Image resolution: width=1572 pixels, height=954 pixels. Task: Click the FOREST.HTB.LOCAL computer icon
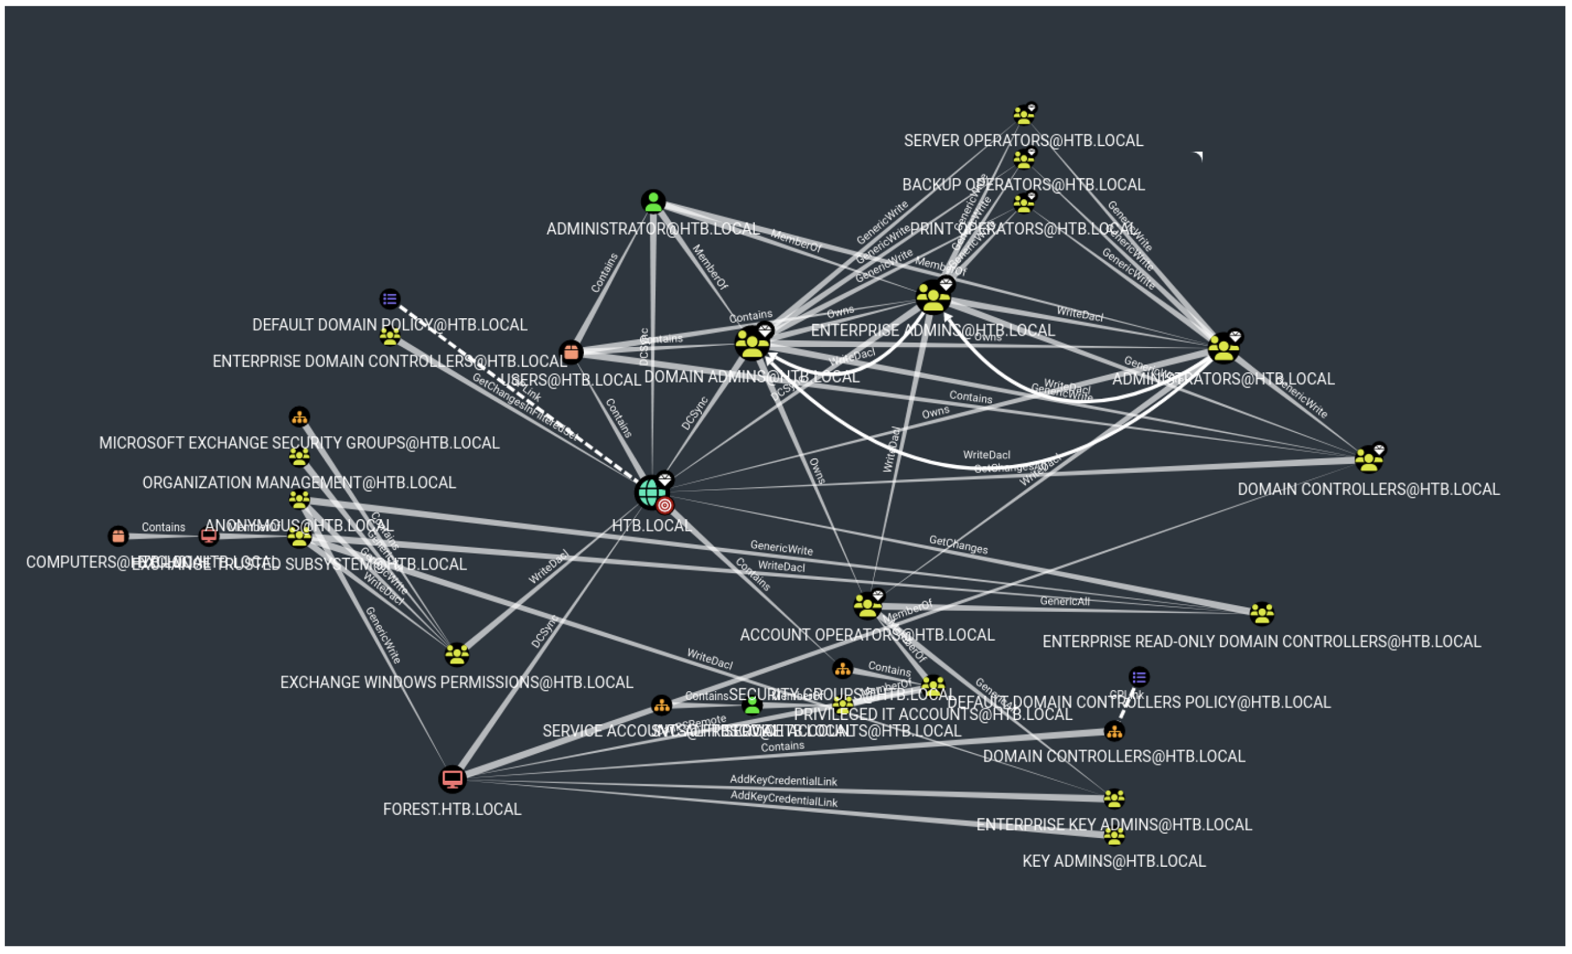pyautogui.click(x=453, y=779)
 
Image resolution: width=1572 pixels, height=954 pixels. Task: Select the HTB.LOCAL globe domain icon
pyautogui.click(x=650, y=492)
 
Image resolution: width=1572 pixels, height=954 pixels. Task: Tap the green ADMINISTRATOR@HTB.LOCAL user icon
pyautogui.click(x=653, y=201)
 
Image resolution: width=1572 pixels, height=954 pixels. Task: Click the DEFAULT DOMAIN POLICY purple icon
pyautogui.click(x=390, y=299)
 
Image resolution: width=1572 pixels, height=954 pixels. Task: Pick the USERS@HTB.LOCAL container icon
pyautogui.click(x=571, y=351)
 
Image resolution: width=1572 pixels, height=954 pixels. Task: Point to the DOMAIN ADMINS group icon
pyautogui.click(x=752, y=344)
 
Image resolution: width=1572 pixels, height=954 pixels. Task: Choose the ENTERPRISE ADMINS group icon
pyautogui.click(x=933, y=297)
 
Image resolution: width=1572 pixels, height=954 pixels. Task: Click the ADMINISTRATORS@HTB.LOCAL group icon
pyautogui.click(x=1223, y=348)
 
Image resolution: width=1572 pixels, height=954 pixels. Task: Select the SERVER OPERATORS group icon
pyautogui.click(x=1023, y=115)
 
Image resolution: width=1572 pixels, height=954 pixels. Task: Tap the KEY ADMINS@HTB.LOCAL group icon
pyautogui.click(x=1114, y=835)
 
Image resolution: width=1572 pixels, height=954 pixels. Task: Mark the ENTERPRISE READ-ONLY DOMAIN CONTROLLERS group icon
pyautogui.click(x=1261, y=614)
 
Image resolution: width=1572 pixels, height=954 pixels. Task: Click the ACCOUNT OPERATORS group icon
pyautogui.click(x=867, y=606)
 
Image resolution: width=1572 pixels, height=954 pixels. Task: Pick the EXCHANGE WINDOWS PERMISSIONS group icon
pyautogui.click(x=457, y=654)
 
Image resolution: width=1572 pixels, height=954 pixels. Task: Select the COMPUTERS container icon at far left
pyautogui.click(x=118, y=536)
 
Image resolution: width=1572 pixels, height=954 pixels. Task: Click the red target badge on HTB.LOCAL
pyautogui.click(x=665, y=506)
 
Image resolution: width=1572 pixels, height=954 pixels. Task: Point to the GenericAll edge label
pyautogui.click(x=1064, y=601)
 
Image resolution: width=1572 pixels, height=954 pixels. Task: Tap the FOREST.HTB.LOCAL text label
pyautogui.click(x=452, y=809)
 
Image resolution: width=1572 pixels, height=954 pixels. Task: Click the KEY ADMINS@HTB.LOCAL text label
pyautogui.click(x=1114, y=861)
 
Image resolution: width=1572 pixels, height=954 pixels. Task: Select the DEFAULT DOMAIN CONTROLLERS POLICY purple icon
pyautogui.click(x=1139, y=676)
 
